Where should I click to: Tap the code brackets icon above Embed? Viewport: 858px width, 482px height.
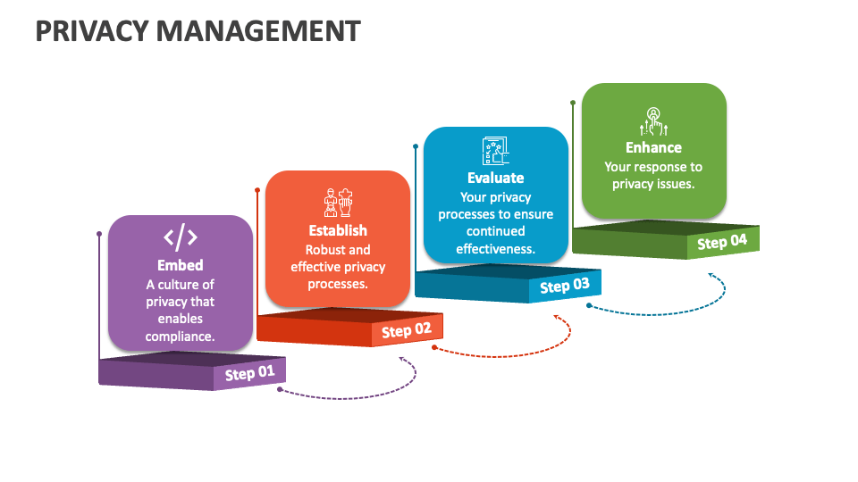181,237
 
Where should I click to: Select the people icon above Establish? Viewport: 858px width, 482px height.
338,203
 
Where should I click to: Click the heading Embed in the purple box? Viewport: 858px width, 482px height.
181,265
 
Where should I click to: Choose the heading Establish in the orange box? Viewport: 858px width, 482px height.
338,230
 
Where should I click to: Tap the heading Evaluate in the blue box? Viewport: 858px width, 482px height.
495,178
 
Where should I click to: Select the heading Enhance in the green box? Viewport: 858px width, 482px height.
653,147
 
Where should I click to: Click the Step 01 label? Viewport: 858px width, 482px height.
250,372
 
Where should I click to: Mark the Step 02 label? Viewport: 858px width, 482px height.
407,330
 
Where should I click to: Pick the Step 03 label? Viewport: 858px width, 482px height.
565,286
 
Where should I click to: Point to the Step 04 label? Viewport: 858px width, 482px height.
722,241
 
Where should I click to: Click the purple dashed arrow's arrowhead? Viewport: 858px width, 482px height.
402,360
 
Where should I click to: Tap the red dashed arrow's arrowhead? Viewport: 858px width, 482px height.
558,316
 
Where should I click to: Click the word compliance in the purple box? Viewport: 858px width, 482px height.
180,337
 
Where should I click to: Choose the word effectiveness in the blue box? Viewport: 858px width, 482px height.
495,249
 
